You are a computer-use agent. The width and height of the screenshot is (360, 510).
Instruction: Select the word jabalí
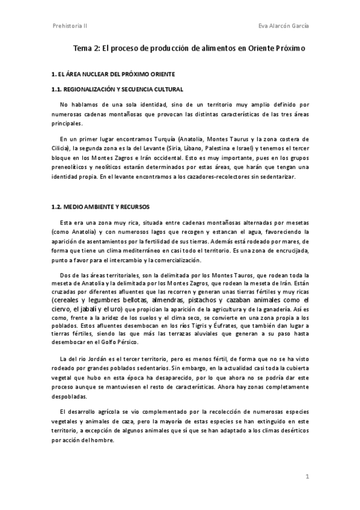[x=91, y=309]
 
